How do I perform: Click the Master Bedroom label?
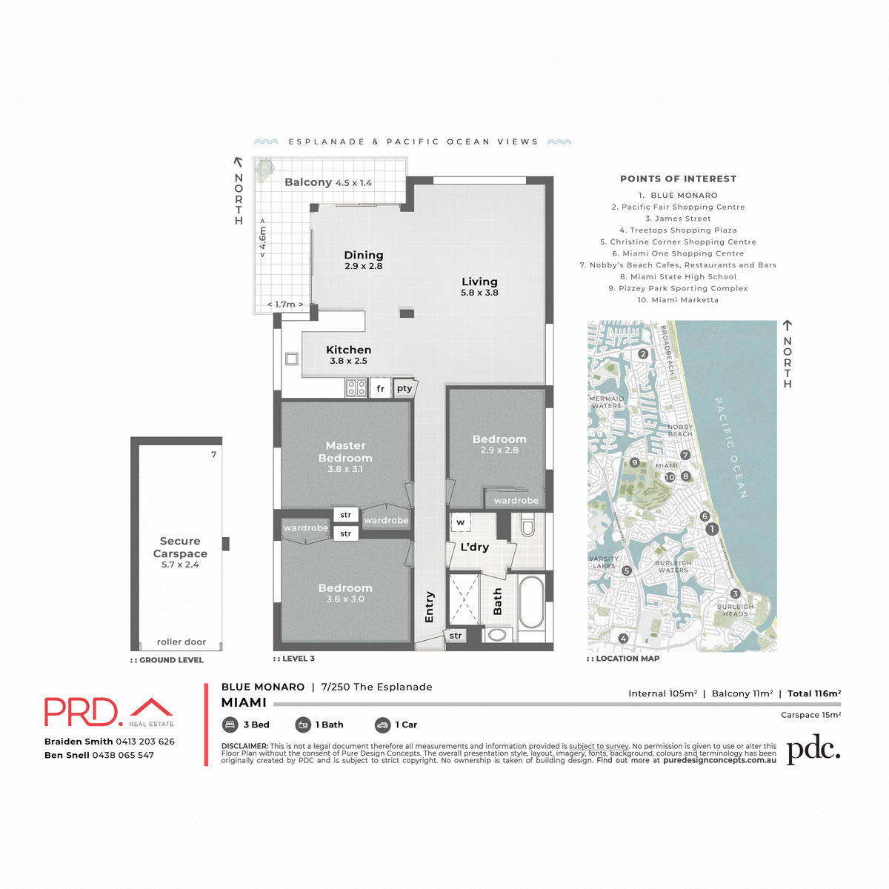[345, 452]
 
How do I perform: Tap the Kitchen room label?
[348, 350]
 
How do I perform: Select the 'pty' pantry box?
[404, 388]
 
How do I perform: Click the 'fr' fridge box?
[380, 388]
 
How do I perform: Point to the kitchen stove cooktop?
[356, 387]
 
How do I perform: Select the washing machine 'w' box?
[460, 522]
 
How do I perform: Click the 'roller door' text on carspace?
[182, 642]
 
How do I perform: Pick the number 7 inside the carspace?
[213, 455]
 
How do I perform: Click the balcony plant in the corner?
[264, 170]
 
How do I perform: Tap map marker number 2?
[643, 354]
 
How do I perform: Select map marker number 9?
[634, 463]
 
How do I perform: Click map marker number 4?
[623, 638]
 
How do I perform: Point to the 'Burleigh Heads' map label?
[735, 610]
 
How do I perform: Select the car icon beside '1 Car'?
[382, 725]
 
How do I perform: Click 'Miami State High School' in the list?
[678, 276]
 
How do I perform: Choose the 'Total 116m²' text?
[813, 693]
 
